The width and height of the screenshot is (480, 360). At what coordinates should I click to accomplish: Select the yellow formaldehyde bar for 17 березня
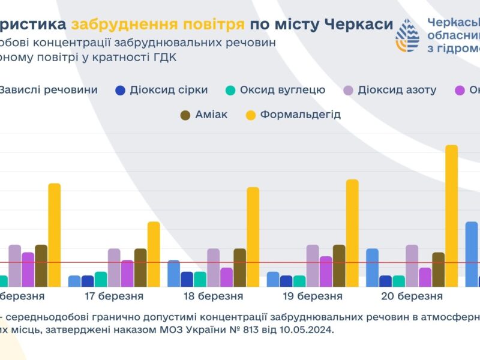(x=154, y=254)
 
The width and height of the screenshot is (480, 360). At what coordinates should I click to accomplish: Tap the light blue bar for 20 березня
(x=372, y=268)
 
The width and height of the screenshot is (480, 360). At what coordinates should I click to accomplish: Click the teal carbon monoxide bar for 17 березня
(x=101, y=280)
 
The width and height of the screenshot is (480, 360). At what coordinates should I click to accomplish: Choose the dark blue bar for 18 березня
(x=187, y=280)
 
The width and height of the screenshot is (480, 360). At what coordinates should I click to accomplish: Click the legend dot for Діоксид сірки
(x=121, y=91)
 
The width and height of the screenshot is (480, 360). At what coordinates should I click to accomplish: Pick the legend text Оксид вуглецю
(x=283, y=90)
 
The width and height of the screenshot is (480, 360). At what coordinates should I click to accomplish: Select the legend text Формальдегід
(x=300, y=114)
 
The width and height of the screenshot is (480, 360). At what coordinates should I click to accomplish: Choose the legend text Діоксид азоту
(x=397, y=90)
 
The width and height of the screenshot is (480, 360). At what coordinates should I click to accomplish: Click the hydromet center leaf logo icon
(x=408, y=35)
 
